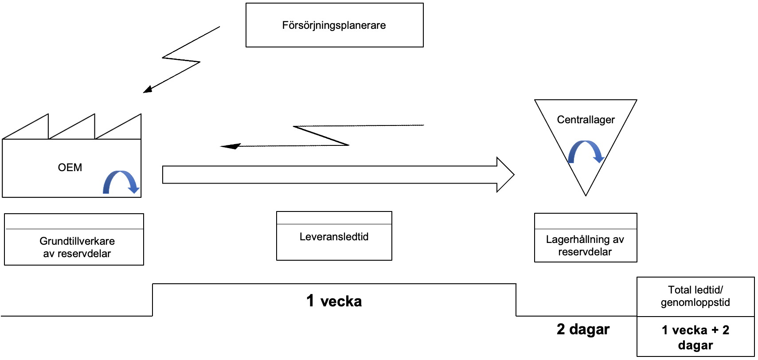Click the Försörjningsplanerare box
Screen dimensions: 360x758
coord(334,25)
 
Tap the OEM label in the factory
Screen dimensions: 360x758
coord(70,168)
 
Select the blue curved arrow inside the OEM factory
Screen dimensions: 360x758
coord(121,182)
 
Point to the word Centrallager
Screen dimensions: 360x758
coord(586,120)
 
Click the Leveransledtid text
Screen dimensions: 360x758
coord(334,237)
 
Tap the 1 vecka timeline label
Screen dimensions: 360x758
coord(334,301)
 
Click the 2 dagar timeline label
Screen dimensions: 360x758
coord(583,329)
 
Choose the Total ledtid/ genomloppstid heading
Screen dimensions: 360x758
coord(695,296)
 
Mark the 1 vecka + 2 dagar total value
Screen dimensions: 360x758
coord(695,337)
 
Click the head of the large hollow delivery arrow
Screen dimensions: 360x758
coord(506,175)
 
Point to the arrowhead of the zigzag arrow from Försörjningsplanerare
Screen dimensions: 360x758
coord(148,90)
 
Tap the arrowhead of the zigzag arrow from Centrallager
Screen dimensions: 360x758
coord(230,146)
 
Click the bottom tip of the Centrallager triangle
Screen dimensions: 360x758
coord(586,194)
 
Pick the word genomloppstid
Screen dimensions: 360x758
coord(695,302)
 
